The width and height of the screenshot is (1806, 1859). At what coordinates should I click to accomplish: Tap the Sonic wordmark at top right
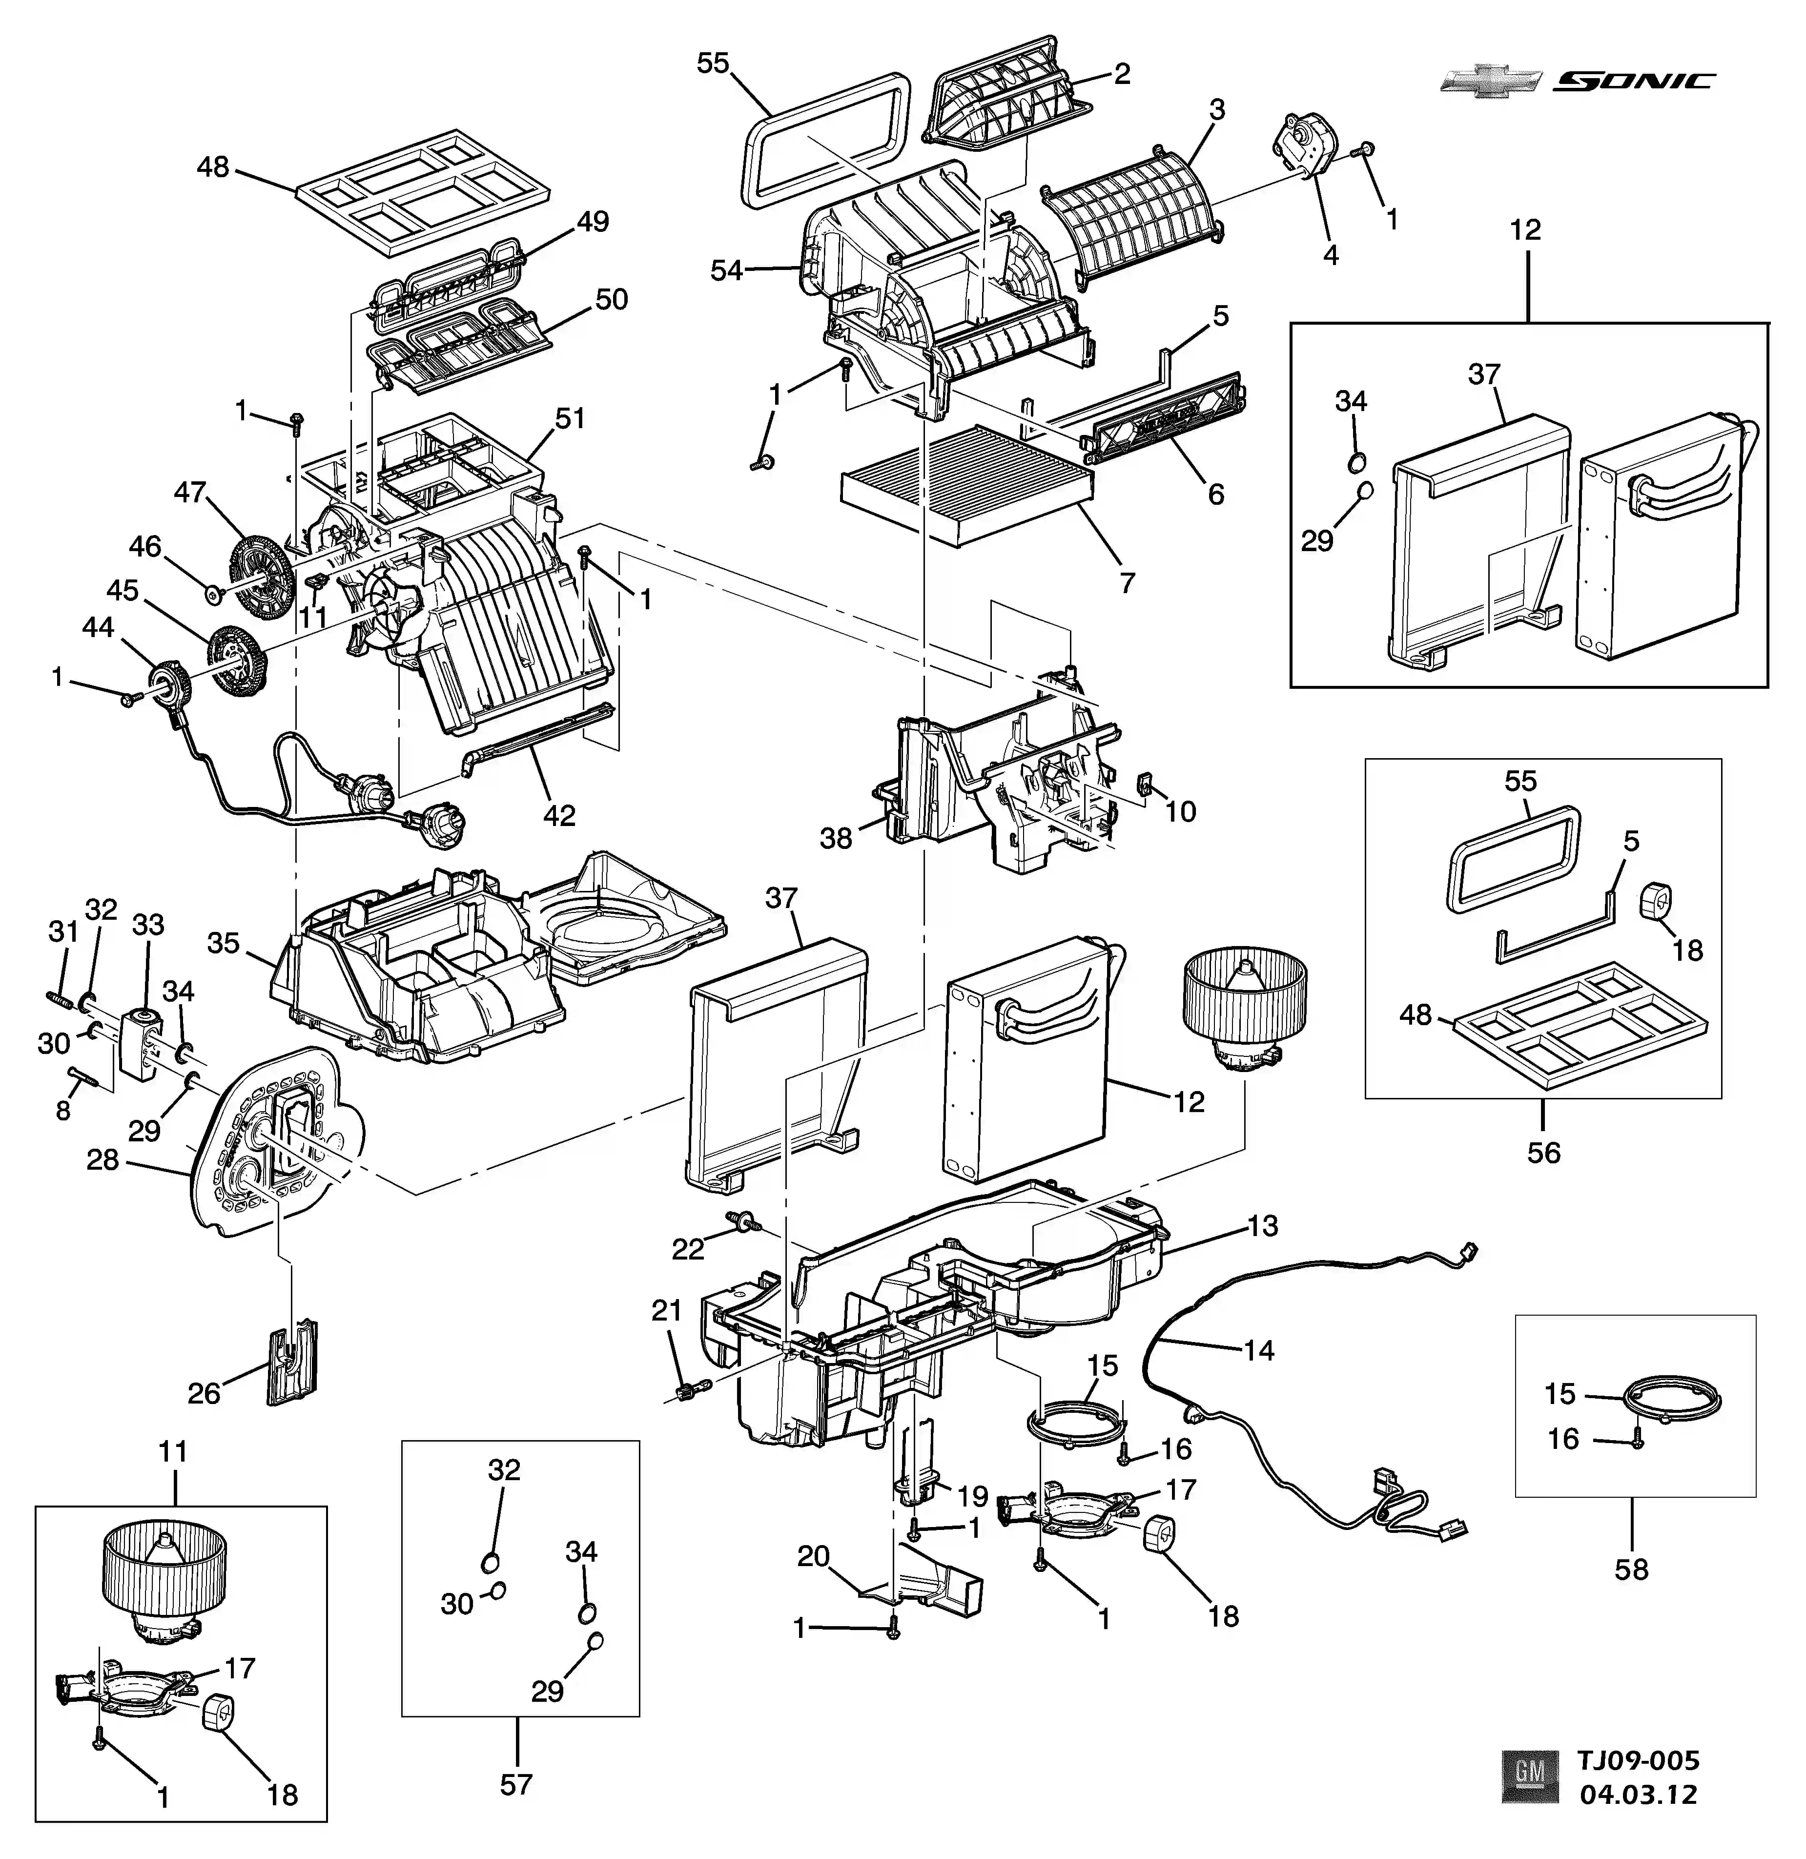tap(1633, 82)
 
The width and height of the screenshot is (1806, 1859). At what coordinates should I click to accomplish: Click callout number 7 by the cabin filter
tap(1127, 582)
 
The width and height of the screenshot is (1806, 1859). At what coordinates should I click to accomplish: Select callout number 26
tap(204, 1393)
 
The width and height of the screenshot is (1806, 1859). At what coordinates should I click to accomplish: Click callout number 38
tap(836, 838)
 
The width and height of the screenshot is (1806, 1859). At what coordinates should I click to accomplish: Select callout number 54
tap(727, 270)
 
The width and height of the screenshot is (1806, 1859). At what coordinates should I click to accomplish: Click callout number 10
tap(1181, 811)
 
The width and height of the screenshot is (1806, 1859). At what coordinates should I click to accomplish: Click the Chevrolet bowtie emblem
tap(1490, 82)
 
